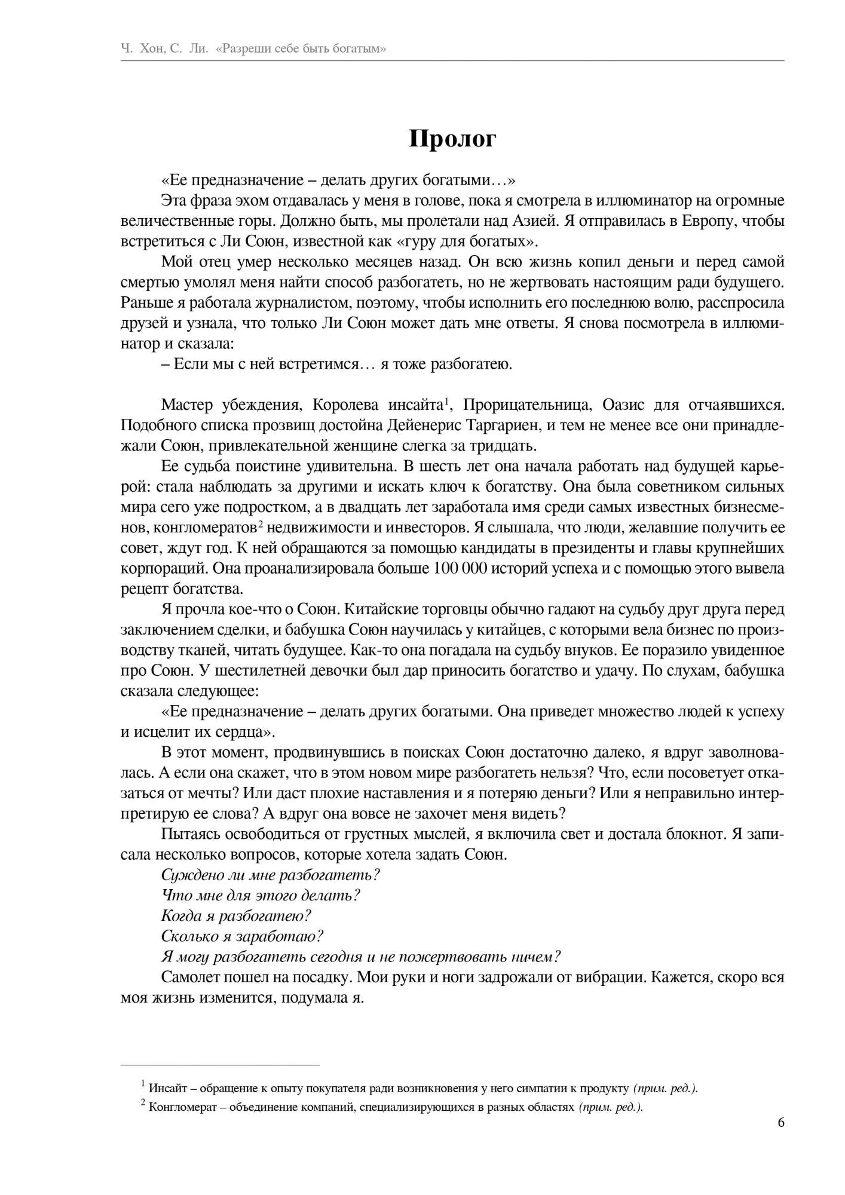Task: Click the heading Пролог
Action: pos(452,139)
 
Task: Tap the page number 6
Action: pos(781,1122)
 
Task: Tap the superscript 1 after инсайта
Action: pos(447,400)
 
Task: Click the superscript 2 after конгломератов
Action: pos(261,523)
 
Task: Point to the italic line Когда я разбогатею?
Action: pos(236,916)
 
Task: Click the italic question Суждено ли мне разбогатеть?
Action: pos(271,875)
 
